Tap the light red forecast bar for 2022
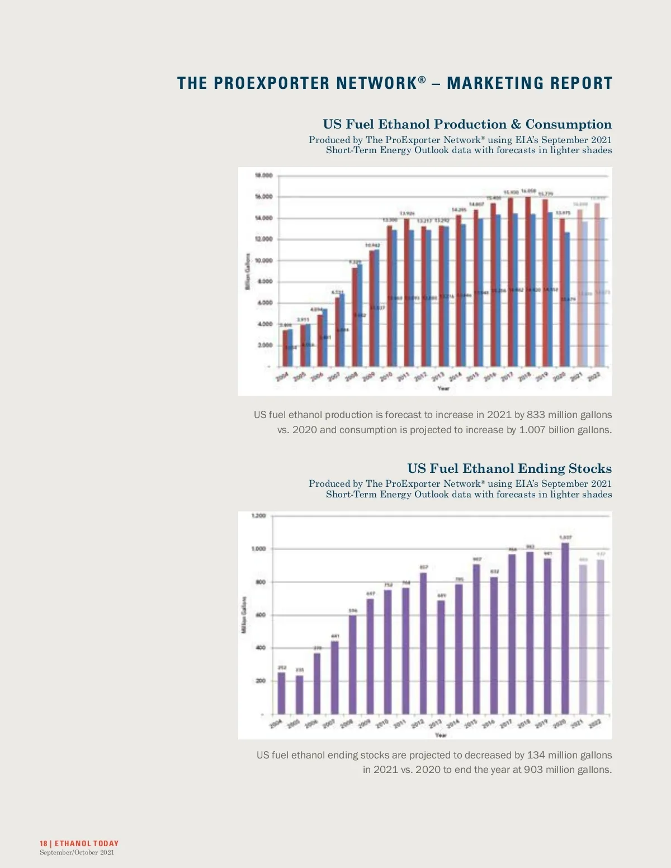[x=597, y=285]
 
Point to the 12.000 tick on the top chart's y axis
[x=263, y=239]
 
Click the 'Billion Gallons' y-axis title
[x=247, y=272]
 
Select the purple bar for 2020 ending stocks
[x=565, y=628]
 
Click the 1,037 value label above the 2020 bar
[x=565, y=537]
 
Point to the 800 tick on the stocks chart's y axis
[x=260, y=582]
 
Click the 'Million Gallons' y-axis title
[x=244, y=615]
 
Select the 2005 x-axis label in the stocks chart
[x=294, y=724]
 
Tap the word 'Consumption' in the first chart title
[x=568, y=124]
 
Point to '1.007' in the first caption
[x=532, y=430]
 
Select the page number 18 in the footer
[x=43, y=843]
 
